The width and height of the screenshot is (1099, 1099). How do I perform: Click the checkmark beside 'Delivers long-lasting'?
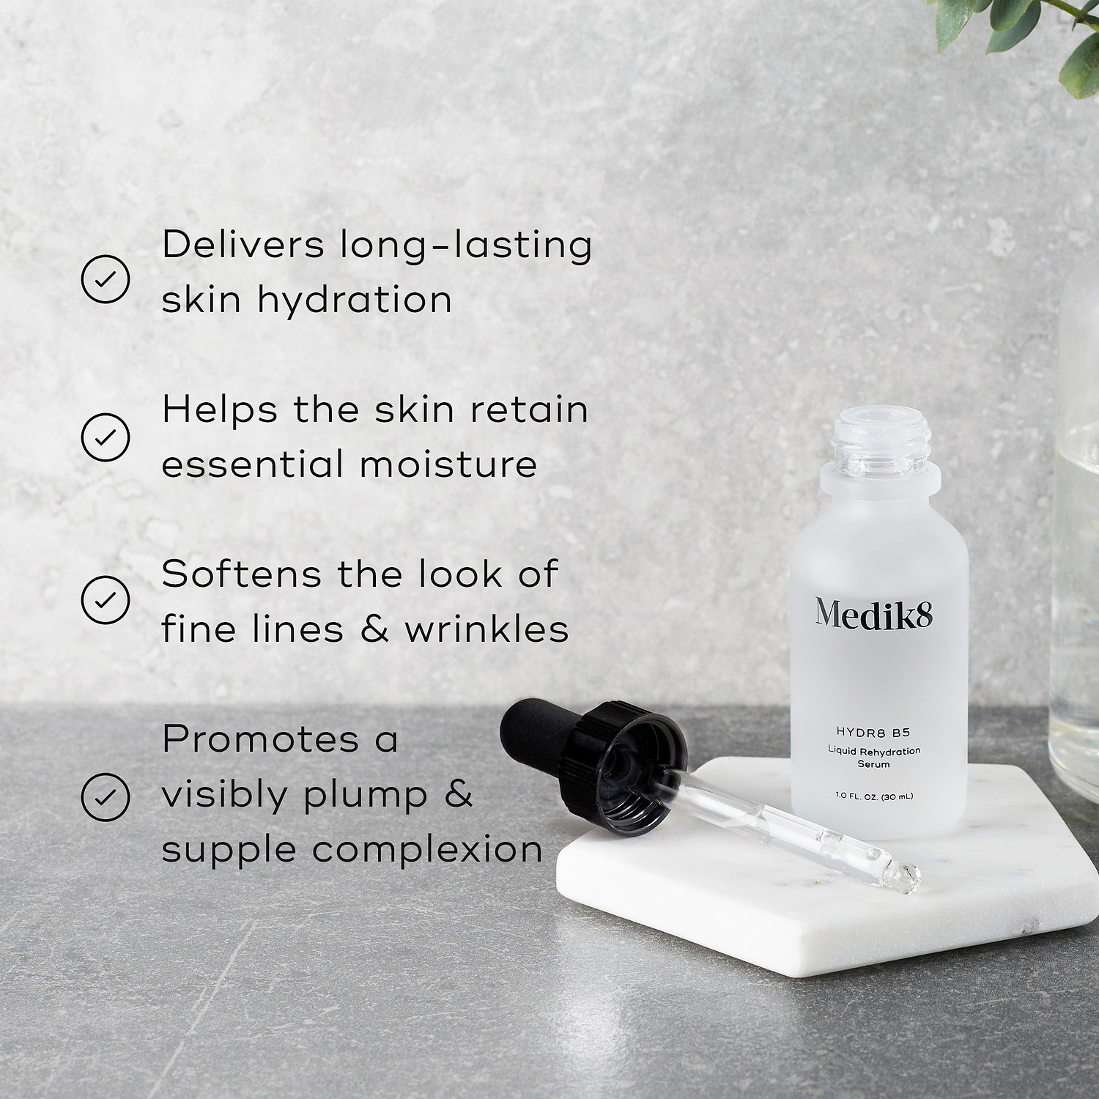point(106,279)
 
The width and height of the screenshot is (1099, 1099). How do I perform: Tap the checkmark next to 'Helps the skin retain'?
point(106,437)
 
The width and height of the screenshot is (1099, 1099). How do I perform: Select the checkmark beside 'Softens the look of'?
point(106,600)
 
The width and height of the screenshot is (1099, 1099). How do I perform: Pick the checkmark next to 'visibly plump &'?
point(106,796)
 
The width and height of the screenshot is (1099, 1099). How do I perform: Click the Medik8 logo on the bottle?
point(873,613)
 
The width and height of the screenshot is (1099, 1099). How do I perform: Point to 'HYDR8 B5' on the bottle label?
point(873,732)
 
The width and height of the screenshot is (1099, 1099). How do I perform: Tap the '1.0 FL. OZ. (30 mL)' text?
point(874,796)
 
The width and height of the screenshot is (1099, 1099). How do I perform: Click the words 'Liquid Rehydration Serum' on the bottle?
point(874,757)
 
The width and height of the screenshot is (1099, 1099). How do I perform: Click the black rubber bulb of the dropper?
point(536,733)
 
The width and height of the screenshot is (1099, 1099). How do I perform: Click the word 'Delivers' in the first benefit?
point(243,245)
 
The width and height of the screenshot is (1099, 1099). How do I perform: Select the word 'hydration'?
point(355,300)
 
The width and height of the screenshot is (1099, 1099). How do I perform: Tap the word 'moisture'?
point(448,465)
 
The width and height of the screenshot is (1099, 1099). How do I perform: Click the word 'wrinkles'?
point(486,629)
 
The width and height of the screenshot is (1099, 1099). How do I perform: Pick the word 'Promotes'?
point(261,739)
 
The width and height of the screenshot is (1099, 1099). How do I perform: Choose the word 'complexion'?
point(427,851)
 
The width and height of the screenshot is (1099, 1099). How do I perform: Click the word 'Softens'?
point(241,574)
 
